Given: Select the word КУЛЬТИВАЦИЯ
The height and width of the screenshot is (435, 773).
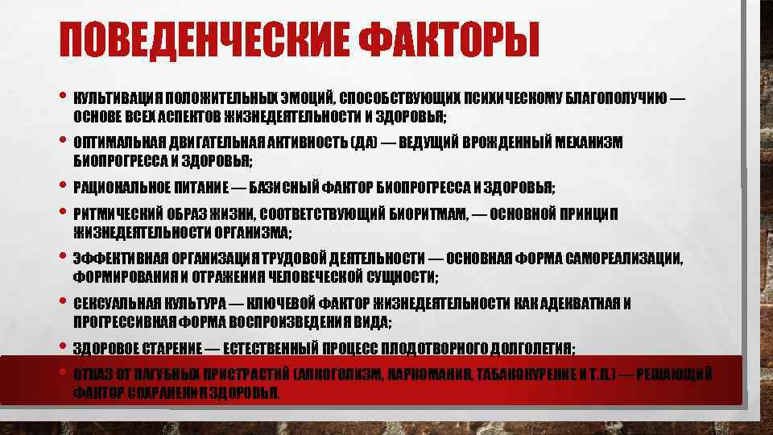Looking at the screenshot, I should point(112,98).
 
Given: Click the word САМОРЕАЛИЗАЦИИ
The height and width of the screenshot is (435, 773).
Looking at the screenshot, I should point(621,259).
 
